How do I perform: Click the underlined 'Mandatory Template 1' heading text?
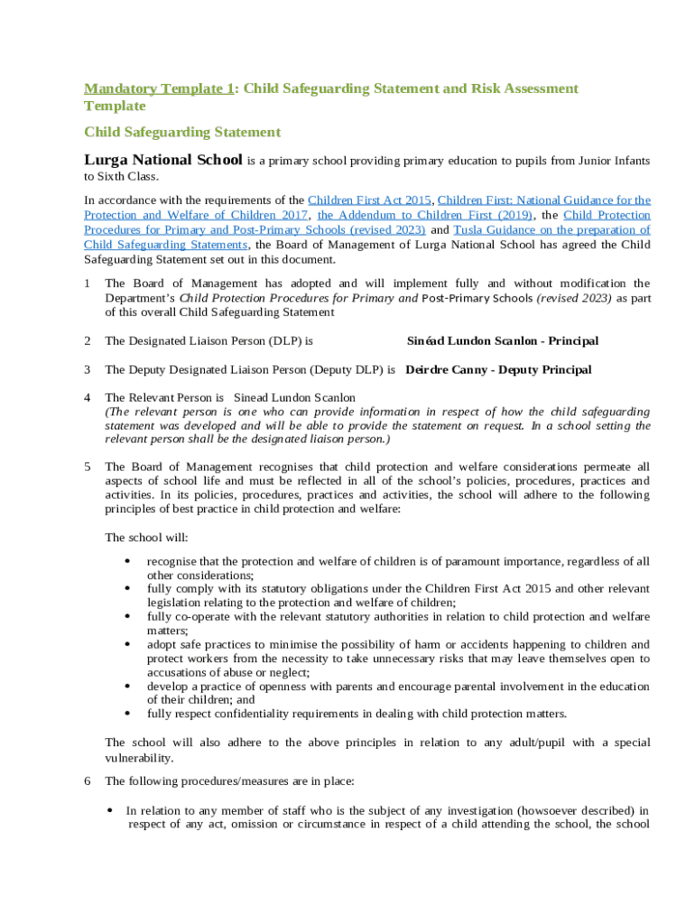click(x=159, y=88)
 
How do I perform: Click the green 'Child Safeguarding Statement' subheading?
click(x=182, y=133)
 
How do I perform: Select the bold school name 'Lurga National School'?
click(x=163, y=161)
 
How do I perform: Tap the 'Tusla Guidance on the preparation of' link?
click(x=551, y=230)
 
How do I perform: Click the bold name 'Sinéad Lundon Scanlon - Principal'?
click(x=503, y=341)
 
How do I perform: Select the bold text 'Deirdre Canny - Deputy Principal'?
click(x=498, y=370)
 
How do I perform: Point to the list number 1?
click(x=87, y=283)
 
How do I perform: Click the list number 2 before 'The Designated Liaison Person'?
click(x=87, y=341)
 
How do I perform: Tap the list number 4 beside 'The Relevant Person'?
click(x=87, y=398)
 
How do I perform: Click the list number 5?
click(x=87, y=467)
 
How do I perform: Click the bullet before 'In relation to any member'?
click(x=110, y=810)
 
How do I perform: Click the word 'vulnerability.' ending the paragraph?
click(x=139, y=758)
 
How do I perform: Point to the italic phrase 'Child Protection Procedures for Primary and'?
click(x=299, y=298)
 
